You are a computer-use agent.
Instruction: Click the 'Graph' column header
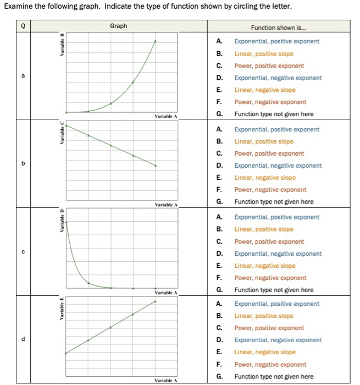coord(118,26)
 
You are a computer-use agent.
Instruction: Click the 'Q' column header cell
coord(23,26)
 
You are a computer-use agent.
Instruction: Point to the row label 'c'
coord(23,252)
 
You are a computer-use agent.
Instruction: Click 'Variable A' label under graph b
coord(165,205)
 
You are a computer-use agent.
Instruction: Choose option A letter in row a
coord(219,41)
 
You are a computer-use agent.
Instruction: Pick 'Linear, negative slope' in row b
coord(264,178)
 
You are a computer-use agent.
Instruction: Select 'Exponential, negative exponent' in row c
coord(278,254)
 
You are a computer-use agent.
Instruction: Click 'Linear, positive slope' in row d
coord(263,316)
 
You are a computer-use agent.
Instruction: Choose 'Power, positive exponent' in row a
coord(269,65)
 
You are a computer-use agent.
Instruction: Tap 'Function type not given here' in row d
coord(274,376)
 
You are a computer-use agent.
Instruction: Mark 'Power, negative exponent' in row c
coord(270,278)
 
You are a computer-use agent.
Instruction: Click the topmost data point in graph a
coord(156,41)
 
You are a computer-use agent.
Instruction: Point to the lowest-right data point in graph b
coord(156,166)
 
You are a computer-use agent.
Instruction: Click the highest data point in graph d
coord(156,301)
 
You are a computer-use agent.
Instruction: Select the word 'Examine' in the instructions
coord(17,6)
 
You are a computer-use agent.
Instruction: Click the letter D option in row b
coord(219,166)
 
